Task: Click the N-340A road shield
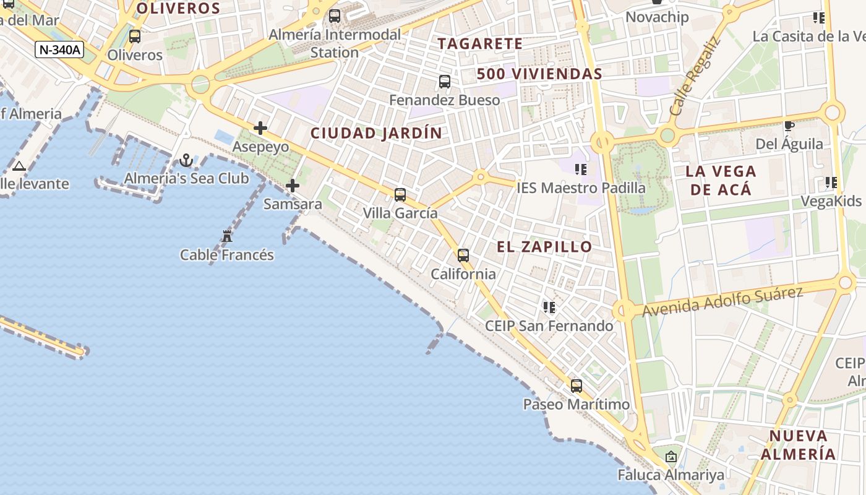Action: pyautogui.click(x=59, y=49)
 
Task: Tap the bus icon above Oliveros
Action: pyautogui.click(x=135, y=37)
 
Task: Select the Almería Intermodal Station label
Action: pyautogui.click(x=335, y=43)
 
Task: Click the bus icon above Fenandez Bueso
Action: pyautogui.click(x=444, y=82)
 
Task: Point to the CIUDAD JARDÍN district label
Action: pyautogui.click(x=376, y=133)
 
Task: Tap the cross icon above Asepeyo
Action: pyautogui.click(x=260, y=129)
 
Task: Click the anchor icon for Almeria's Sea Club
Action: pyautogui.click(x=186, y=161)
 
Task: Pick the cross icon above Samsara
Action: pyautogui.click(x=293, y=186)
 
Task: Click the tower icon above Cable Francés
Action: pyautogui.click(x=227, y=236)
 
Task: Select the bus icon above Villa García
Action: pyautogui.click(x=400, y=195)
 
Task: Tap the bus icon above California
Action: pyautogui.click(x=463, y=256)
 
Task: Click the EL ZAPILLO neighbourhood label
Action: pyautogui.click(x=544, y=247)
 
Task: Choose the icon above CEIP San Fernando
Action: pyautogui.click(x=549, y=307)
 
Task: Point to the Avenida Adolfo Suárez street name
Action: pyautogui.click(x=722, y=302)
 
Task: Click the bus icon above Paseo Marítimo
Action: pyautogui.click(x=577, y=386)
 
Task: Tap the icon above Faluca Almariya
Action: pyautogui.click(x=671, y=457)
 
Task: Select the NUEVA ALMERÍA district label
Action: pyautogui.click(x=798, y=445)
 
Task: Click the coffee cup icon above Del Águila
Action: pyautogui.click(x=789, y=126)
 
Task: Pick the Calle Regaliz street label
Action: pyautogui.click(x=695, y=77)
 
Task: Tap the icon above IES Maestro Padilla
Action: pyautogui.click(x=580, y=169)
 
